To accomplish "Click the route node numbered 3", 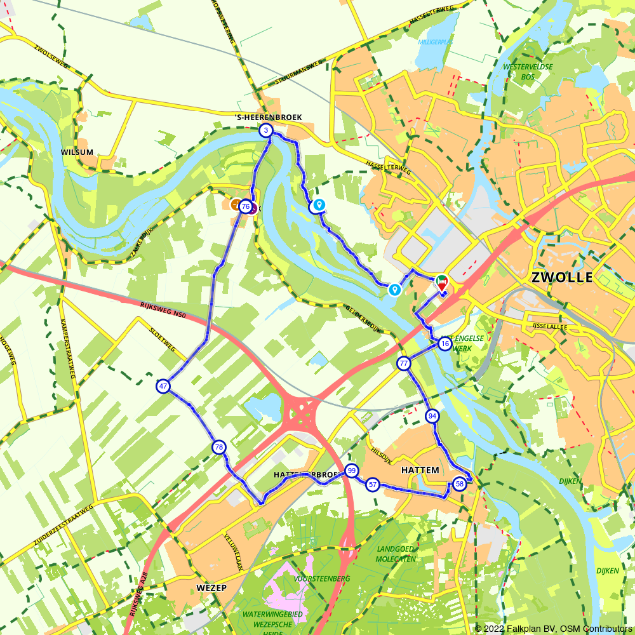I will pos(266,131).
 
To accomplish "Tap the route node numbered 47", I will pos(163,386).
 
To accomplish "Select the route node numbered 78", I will pos(219,448).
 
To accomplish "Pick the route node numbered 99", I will pos(351,471).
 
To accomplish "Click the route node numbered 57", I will pos(373,485).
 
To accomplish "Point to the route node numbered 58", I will pos(460,484).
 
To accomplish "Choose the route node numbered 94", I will pos(432,416).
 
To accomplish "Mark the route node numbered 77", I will pos(404,364).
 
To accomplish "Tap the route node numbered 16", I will pos(444,344).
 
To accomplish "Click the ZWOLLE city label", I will pos(561,277).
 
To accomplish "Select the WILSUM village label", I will pos(77,152).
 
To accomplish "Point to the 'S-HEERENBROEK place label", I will pos(269,117).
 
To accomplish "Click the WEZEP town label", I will pos(211,588).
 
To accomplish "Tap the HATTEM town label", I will pos(420,470).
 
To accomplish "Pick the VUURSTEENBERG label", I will pos(322,578).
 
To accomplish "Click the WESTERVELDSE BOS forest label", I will pos(528,71).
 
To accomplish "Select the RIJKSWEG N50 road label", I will pos(162,311).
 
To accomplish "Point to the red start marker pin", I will pos(441,284).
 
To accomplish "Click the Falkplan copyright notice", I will pos(553,629).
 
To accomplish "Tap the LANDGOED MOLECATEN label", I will pos(396,554).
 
